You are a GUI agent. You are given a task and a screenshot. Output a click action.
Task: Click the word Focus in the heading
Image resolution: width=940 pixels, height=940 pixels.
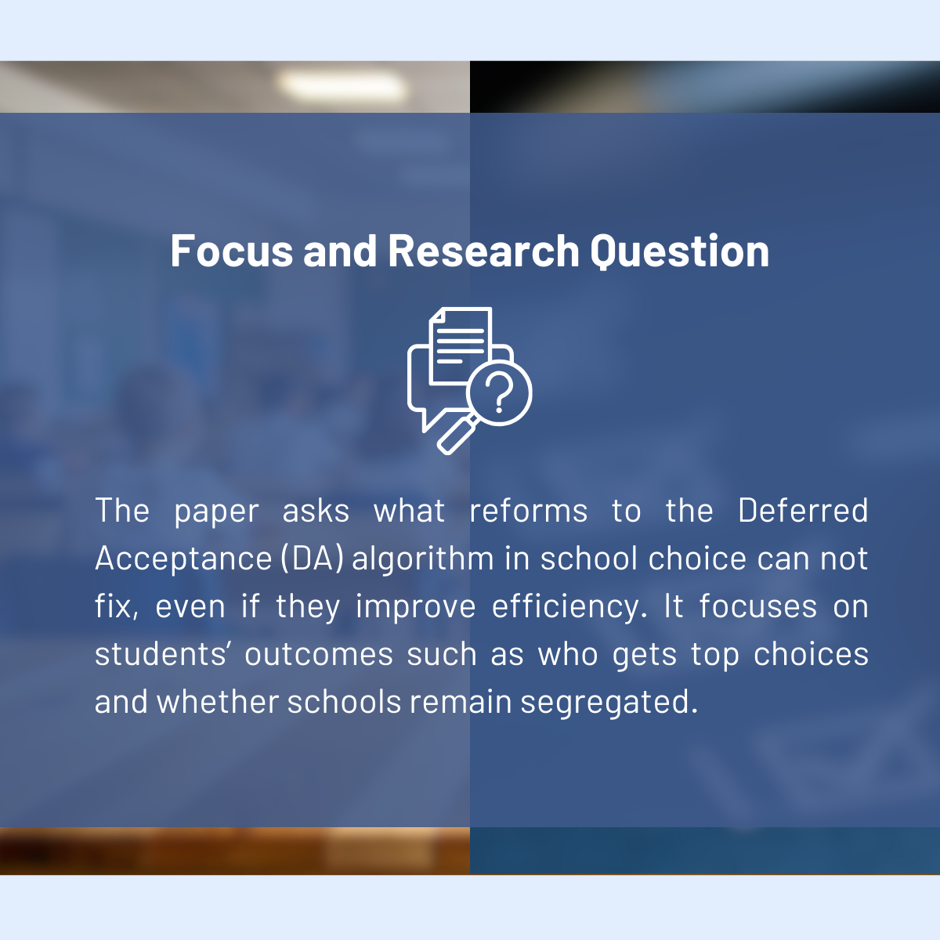tap(232, 251)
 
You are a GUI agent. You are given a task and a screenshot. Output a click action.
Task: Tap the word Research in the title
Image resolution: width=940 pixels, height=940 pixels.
tap(483, 251)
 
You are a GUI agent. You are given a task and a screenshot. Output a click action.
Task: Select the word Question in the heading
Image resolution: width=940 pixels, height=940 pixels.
tap(679, 251)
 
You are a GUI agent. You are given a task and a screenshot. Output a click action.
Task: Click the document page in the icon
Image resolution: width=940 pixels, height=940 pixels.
tap(461, 345)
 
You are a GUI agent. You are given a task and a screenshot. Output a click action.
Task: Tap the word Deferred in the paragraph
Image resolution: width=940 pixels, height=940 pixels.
tap(803, 511)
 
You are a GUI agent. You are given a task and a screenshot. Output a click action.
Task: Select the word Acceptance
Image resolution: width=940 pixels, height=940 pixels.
tap(183, 559)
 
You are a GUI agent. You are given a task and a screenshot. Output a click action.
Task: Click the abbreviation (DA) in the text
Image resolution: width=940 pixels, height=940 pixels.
tap(313, 559)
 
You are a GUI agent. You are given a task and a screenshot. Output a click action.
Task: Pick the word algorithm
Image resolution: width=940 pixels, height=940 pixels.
tap(423, 559)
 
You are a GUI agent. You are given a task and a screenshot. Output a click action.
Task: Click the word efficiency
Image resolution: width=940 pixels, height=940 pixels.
tap(569, 607)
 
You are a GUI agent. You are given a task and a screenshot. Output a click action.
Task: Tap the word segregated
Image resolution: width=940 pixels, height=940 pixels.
tap(609, 703)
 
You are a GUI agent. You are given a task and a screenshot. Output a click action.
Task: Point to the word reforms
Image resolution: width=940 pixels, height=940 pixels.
tap(528, 511)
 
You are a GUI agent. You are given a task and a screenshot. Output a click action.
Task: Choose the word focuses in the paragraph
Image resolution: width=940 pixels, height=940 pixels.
tap(758, 606)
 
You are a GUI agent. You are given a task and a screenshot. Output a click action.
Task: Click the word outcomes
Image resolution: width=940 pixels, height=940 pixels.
tap(319, 654)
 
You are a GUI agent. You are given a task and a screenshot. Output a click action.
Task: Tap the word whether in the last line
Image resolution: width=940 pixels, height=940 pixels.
tap(218, 702)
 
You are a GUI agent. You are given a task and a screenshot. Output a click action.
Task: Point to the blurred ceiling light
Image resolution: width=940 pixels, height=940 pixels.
tap(342, 86)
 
